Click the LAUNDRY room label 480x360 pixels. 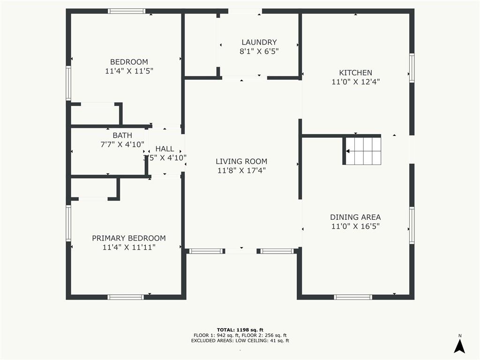click(259, 42)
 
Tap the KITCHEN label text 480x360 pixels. click(355, 73)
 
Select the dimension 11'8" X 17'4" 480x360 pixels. click(241, 171)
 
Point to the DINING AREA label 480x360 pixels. click(355, 217)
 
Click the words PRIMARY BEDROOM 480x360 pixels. click(129, 238)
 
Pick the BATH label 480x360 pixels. click(122, 135)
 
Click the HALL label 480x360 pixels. click(165, 149)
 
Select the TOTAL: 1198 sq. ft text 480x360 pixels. click(240, 330)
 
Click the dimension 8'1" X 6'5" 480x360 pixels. click(259, 52)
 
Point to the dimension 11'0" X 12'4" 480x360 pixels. click(355, 82)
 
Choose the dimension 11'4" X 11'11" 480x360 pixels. click(129, 247)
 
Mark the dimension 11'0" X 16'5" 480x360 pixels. click(355, 226)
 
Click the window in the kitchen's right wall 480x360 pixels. click(412, 68)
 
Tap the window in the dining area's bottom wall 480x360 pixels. click(353, 297)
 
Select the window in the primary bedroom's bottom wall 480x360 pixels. click(126, 297)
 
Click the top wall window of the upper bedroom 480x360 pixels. click(127, 11)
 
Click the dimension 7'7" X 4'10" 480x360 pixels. click(122, 144)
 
